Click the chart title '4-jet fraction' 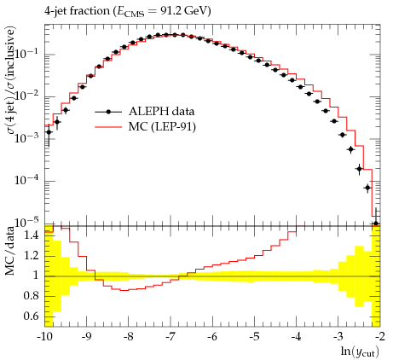tap(77, 11)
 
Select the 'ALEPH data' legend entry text tap(161, 111)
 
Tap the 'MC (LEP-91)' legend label tap(162, 126)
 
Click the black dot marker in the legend tap(108, 112)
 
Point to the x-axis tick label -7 tap(170, 337)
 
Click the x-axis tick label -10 tap(44, 337)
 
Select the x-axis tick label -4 tap(296, 337)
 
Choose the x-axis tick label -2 tap(380, 337)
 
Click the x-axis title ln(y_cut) tap(360, 351)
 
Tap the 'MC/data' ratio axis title tap(9, 251)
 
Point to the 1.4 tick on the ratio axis tap(32, 235)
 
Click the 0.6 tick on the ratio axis tap(32, 316)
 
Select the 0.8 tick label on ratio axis tap(32, 296)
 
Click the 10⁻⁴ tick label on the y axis tap(27, 179)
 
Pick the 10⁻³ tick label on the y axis tap(27, 137)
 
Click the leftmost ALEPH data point tap(49, 132)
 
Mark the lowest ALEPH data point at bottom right tap(376, 224)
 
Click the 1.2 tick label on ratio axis tap(32, 255)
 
